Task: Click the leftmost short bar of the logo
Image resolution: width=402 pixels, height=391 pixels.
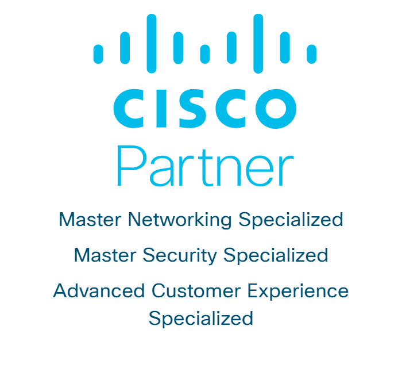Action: click(x=98, y=54)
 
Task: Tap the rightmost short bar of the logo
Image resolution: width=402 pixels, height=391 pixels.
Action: click(x=311, y=54)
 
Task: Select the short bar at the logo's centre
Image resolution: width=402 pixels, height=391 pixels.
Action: click(x=205, y=54)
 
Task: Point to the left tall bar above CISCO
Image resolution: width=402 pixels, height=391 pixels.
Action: click(x=152, y=43)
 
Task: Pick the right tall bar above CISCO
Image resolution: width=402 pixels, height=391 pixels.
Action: click(x=258, y=43)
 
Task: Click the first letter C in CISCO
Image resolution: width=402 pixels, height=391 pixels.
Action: click(x=129, y=109)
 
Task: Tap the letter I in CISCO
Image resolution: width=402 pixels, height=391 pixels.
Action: click(x=160, y=109)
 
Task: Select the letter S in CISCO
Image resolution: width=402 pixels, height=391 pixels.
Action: click(x=189, y=109)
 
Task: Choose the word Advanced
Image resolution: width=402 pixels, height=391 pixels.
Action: click(x=99, y=291)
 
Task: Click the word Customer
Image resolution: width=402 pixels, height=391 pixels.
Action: click(x=194, y=291)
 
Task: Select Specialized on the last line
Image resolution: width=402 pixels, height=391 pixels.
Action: click(x=201, y=319)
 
